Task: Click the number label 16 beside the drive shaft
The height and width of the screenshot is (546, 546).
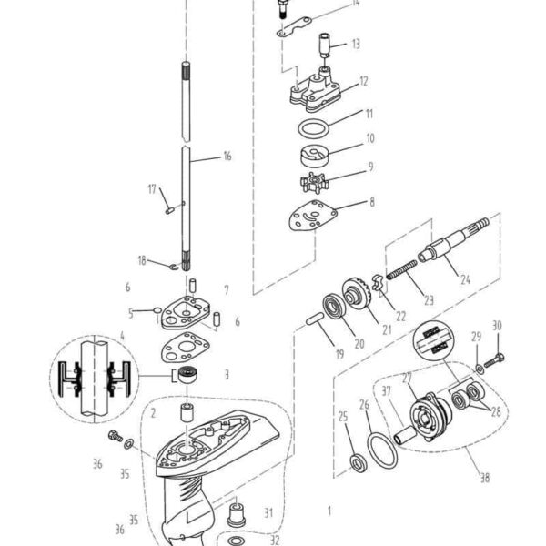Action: tap(227, 156)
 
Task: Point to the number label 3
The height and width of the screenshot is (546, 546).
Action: tap(227, 373)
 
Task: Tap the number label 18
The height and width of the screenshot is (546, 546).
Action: tap(142, 260)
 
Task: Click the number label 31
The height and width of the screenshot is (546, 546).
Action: tap(268, 512)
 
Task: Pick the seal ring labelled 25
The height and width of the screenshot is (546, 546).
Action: tap(357, 460)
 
